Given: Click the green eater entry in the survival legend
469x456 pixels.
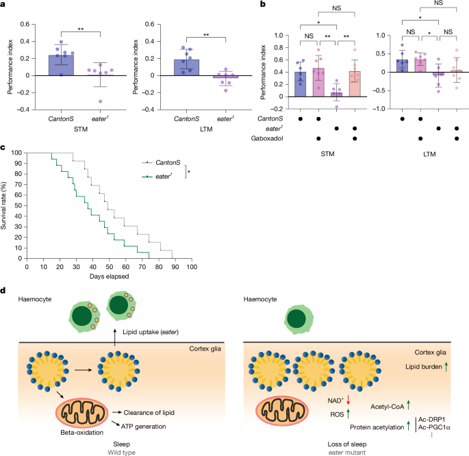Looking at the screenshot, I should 162,177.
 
